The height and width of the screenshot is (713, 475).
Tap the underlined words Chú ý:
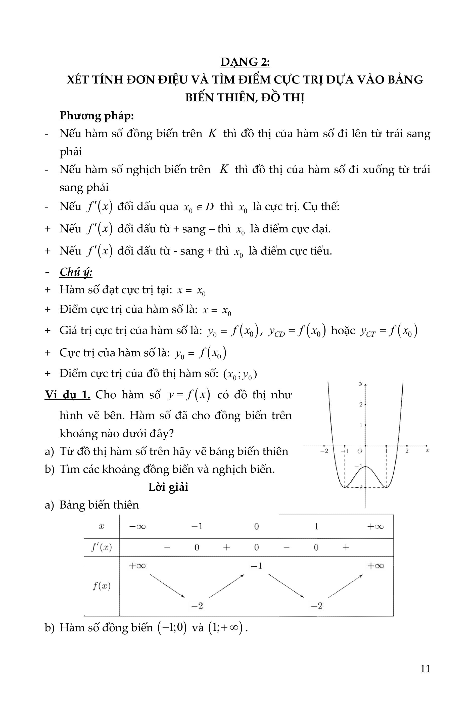click(76, 272)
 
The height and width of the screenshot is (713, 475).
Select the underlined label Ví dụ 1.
click(67, 395)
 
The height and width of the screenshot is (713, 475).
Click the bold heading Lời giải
click(168, 487)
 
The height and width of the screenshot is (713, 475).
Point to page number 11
click(425, 668)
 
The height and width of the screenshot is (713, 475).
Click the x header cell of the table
click(102, 526)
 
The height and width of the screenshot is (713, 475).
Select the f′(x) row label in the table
click(102, 547)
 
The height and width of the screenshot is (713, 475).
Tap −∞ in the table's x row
click(137, 526)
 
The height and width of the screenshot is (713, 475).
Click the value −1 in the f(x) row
click(256, 565)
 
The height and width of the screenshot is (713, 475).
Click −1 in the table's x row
click(197, 526)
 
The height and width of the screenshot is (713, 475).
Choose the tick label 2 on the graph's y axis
click(361, 404)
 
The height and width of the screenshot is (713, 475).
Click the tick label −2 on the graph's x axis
click(324, 451)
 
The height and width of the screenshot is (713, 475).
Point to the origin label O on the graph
click(360, 451)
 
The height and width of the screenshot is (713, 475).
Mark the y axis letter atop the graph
click(361, 384)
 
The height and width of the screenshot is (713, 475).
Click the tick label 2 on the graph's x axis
click(407, 451)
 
